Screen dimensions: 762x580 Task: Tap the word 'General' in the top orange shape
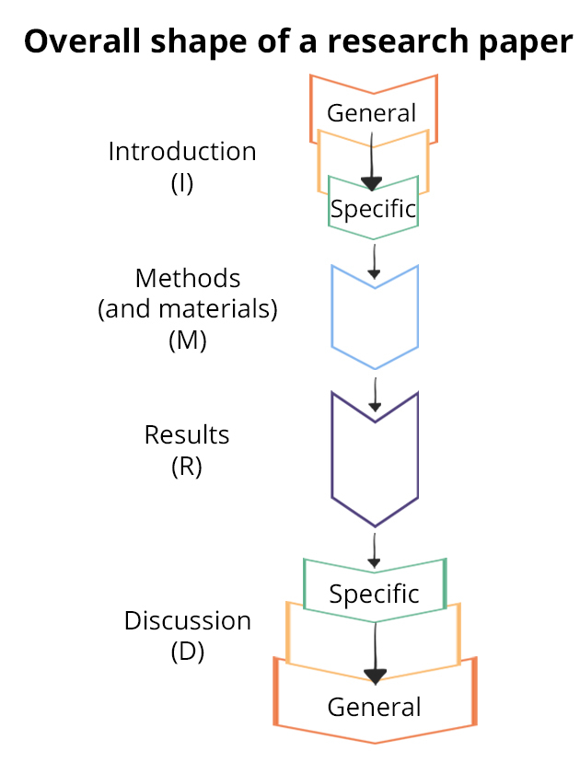(372, 113)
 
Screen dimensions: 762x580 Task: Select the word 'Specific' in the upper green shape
(373, 209)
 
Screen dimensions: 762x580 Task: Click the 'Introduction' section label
(182, 152)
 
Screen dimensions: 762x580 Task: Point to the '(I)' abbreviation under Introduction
(182, 183)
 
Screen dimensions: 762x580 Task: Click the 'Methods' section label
(188, 278)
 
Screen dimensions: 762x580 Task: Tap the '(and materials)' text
(188, 309)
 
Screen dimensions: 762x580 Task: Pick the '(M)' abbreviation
(188, 341)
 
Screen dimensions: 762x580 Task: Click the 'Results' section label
(187, 434)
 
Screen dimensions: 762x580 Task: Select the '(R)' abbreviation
(187, 466)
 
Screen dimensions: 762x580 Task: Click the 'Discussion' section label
(188, 621)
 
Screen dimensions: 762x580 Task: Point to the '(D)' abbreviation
(188, 652)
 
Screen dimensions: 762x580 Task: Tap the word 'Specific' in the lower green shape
(374, 594)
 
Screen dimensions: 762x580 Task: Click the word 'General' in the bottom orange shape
(374, 707)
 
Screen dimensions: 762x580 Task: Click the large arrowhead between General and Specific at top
(372, 182)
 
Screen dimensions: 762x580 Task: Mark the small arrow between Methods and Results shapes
(375, 401)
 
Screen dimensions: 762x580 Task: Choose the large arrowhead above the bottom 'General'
(375, 676)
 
